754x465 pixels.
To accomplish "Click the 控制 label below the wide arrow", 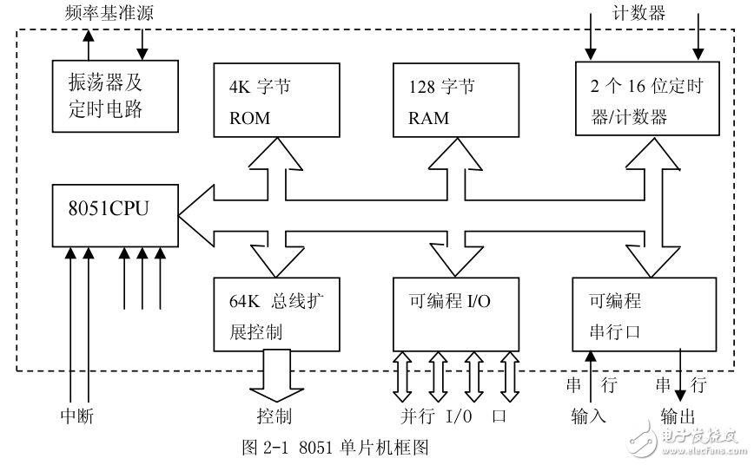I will (x=274, y=417).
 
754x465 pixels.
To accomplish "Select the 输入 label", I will (x=589, y=417).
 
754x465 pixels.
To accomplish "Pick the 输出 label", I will (x=677, y=417).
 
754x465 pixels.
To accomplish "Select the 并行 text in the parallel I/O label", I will (x=416, y=417).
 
